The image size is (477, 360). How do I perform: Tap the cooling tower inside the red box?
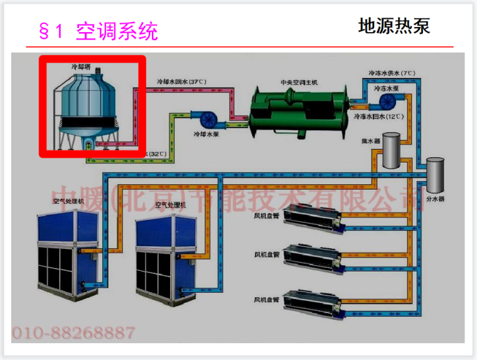point(92,107)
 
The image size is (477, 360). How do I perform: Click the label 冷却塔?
point(81,65)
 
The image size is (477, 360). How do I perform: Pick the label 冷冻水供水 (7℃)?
point(391,74)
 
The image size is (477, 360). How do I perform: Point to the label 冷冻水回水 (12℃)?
point(378,116)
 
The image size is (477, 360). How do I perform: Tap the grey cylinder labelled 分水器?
point(434,176)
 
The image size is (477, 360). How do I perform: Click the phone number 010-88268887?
point(73,332)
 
